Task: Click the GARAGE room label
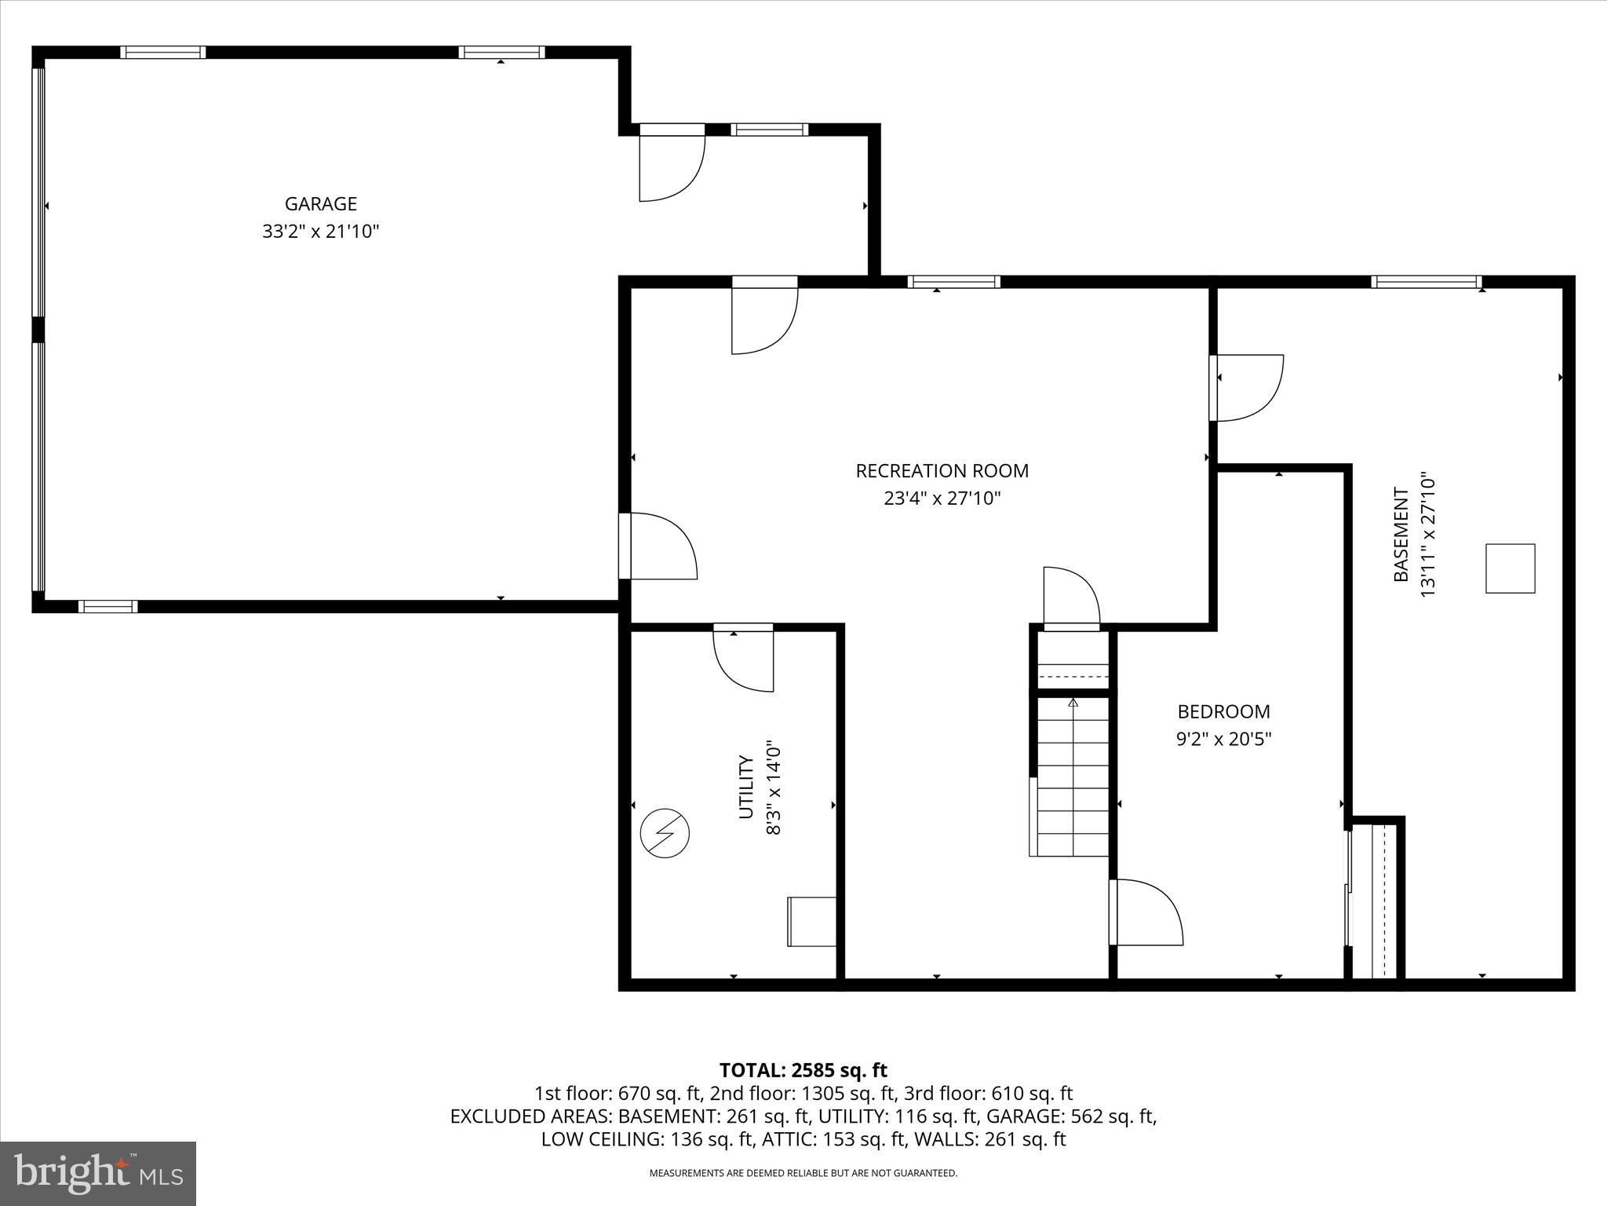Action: click(320, 204)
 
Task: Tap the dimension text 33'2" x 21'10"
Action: click(320, 232)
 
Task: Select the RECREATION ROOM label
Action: click(942, 471)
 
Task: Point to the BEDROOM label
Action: click(1223, 712)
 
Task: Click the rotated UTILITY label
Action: click(746, 788)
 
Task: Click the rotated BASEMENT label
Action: click(1401, 535)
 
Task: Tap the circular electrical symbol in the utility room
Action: click(665, 834)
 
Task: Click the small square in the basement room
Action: click(1510, 568)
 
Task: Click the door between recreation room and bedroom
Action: click(1146, 912)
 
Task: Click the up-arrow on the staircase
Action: click(1073, 702)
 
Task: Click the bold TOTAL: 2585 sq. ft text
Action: click(803, 1070)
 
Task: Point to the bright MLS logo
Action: click(98, 1173)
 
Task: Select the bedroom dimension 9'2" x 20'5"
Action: click(1223, 740)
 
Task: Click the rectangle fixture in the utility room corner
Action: click(811, 922)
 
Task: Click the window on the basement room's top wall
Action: click(1426, 282)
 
